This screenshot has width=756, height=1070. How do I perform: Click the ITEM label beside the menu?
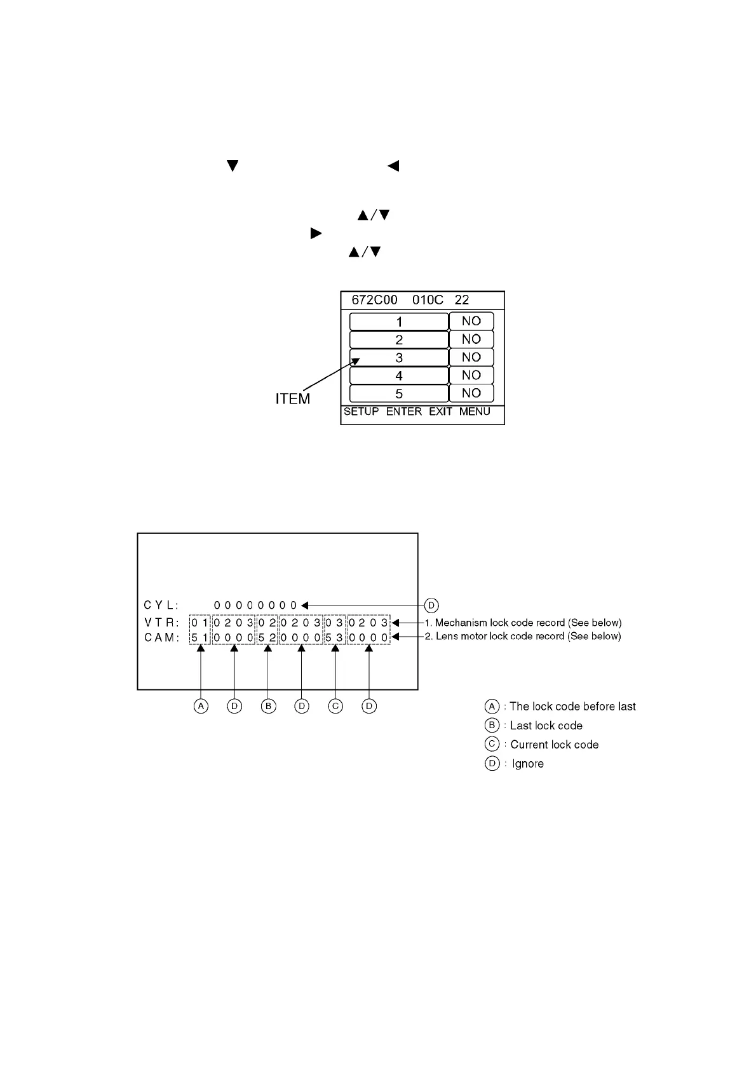tap(293, 399)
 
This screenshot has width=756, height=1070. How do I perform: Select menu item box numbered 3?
tap(399, 358)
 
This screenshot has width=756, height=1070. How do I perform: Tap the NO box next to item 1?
tap(471, 322)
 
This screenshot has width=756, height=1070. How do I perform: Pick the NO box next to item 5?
tap(471, 393)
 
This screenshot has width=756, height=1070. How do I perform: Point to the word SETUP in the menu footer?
tap(361, 412)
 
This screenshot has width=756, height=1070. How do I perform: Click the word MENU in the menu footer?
tap(475, 412)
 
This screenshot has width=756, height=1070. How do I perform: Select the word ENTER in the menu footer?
tap(404, 412)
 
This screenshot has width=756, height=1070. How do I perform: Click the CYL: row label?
tap(162, 606)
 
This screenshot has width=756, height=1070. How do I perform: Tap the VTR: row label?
tap(162, 623)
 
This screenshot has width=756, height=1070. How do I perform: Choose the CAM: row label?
tap(162, 637)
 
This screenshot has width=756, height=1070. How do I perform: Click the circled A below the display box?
tap(201, 706)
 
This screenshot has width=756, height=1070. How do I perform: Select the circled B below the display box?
tap(268, 706)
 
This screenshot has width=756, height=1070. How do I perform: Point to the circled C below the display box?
tap(335, 706)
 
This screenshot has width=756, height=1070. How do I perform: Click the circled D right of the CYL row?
tap(431, 606)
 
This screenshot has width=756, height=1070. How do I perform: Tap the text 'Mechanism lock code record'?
tap(527, 623)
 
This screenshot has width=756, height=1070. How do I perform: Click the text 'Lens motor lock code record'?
tap(527, 636)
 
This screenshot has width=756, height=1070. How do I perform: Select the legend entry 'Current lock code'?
tap(554, 745)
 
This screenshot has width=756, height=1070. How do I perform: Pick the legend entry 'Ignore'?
tap(527, 764)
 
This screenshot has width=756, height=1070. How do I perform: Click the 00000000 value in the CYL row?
tap(255, 606)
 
